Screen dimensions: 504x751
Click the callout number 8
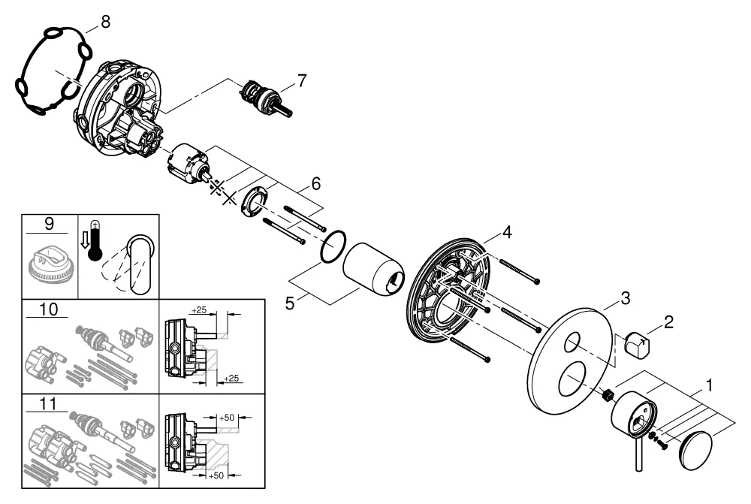point(104,22)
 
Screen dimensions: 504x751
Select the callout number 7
point(301,80)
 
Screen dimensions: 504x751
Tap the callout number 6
point(316,183)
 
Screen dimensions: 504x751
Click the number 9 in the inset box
point(49,223)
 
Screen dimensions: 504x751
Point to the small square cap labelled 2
point(638,346)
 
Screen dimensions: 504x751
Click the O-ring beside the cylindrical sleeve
point(332,247)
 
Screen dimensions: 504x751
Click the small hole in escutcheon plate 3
point(572,345)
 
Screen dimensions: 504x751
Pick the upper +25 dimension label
point(198,309)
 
